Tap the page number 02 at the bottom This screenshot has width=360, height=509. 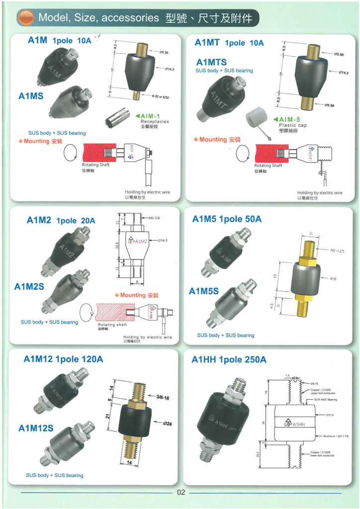click(x=180, y=493)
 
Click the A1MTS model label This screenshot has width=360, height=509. click(x=211, y=62)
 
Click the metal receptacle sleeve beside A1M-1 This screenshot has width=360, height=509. click(x=117, y=120)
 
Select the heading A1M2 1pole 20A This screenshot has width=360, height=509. click(x=61, y=220)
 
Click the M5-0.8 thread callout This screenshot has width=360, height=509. click(x=157, y=218)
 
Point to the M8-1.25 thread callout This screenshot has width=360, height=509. click(x=336, y=251)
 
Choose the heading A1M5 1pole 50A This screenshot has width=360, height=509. click(x=227, y=219)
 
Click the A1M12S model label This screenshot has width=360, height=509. click(x=36, y=428)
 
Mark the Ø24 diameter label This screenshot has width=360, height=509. click(x=167, y=424)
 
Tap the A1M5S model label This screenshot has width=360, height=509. click(x=204, y=291)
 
